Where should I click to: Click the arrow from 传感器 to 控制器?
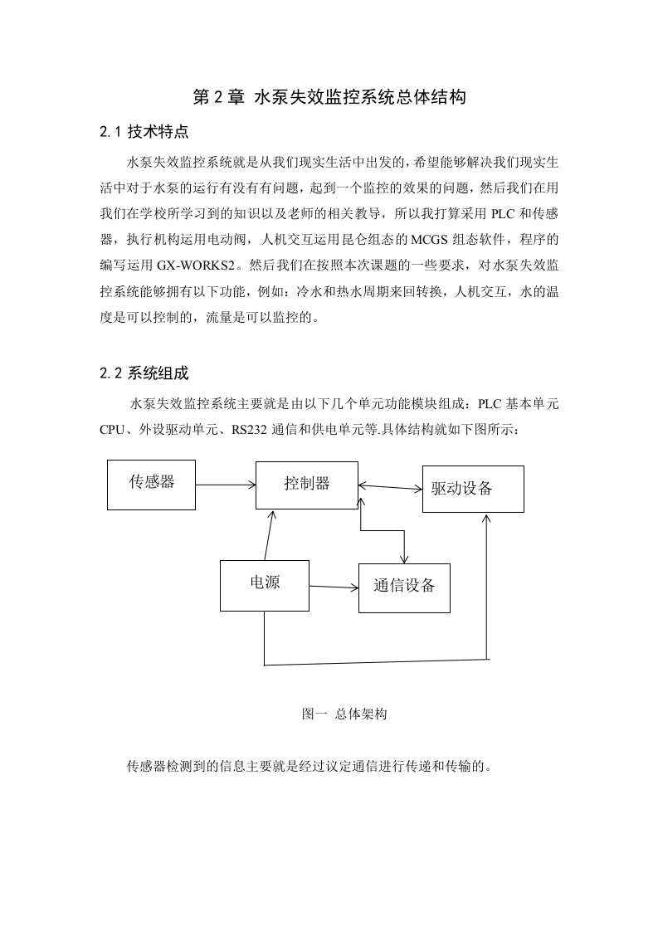tap(226, 485)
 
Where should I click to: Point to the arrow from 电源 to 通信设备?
tap(334, 587)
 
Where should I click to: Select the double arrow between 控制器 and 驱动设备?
tap(390, 487)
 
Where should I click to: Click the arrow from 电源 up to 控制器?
tap(271, 535)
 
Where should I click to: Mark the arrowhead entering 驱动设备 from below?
tap(486, 518)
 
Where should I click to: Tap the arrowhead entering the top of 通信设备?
tap(404, 559)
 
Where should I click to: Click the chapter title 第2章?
tap(218, 97)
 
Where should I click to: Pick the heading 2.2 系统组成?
tap(144, 373)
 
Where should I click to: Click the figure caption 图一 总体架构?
tap(344, 714)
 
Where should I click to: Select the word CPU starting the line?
tap(112, 429)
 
